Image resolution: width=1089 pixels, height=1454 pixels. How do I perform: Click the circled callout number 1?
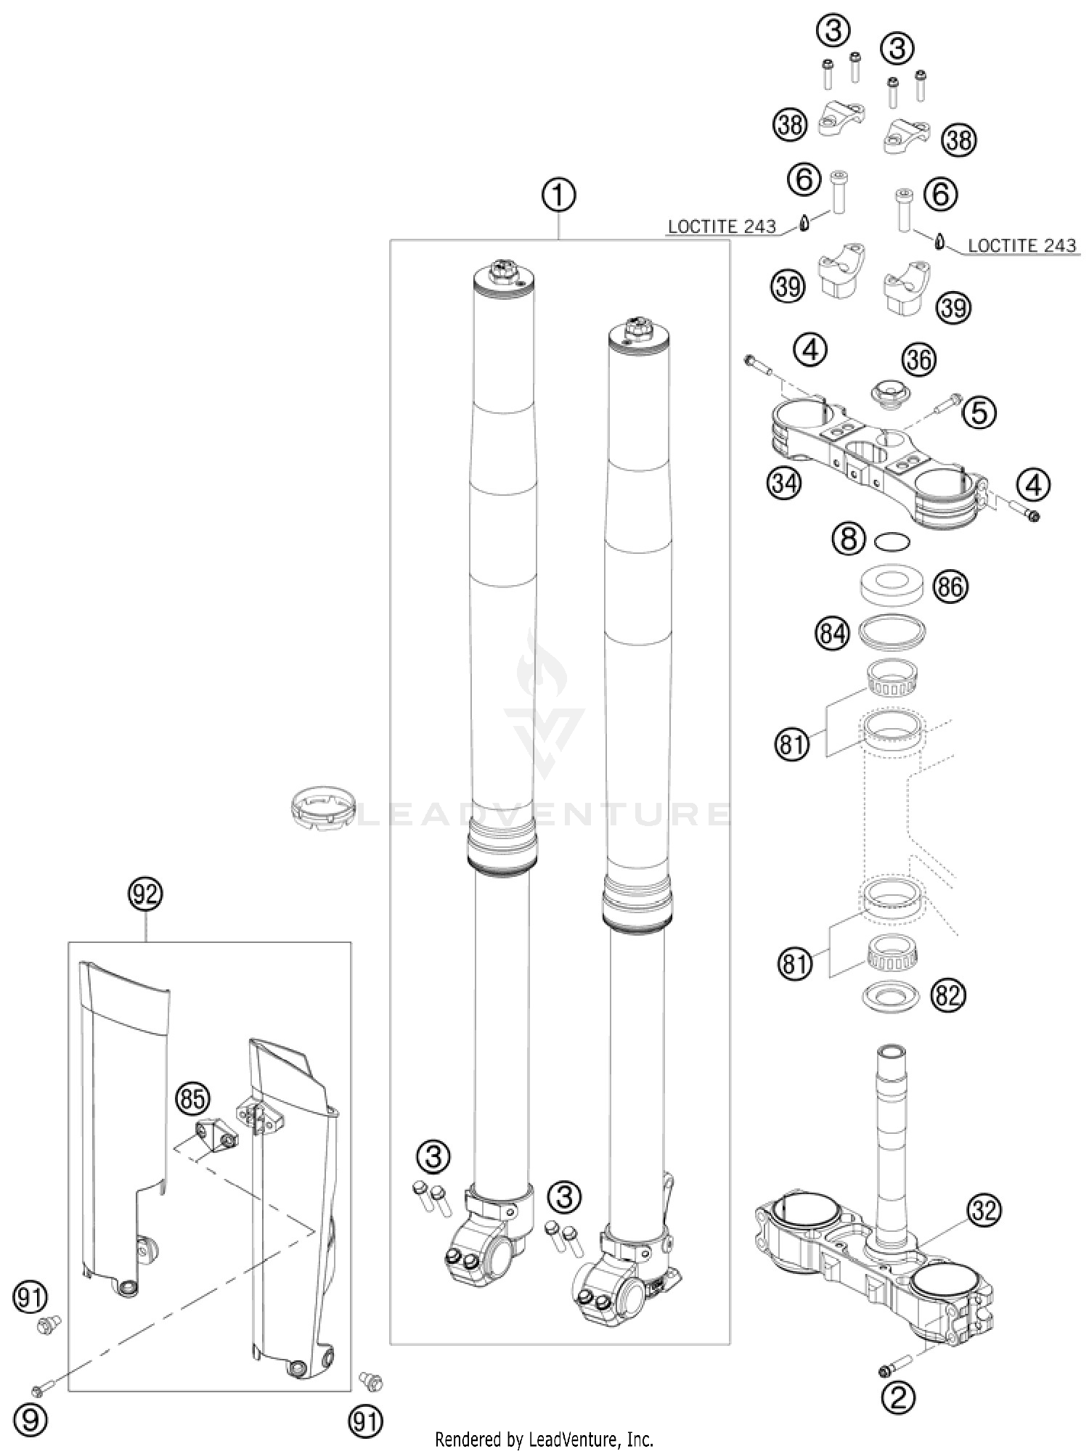pyautogui.click(x=558, y=196)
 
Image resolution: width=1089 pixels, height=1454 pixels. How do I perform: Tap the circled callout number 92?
pyautogui.click(x=146, y=894)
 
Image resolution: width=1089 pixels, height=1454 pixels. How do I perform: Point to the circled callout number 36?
pyautogui.click(x=919, y=360)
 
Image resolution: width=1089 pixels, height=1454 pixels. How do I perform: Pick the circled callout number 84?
pyautogui.click(x=832, y=634)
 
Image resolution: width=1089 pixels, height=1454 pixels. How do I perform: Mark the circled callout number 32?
pyautogui.click(x=984, y=1209)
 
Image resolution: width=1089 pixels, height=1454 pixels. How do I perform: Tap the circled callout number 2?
pyautogui.click(x=898, y=1397)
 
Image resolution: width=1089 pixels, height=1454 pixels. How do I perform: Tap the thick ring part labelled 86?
pyautogui.click(x=892, y=585)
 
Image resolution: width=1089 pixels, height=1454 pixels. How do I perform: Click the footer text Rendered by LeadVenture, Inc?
pyautogui.click(x=544, y=1439)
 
